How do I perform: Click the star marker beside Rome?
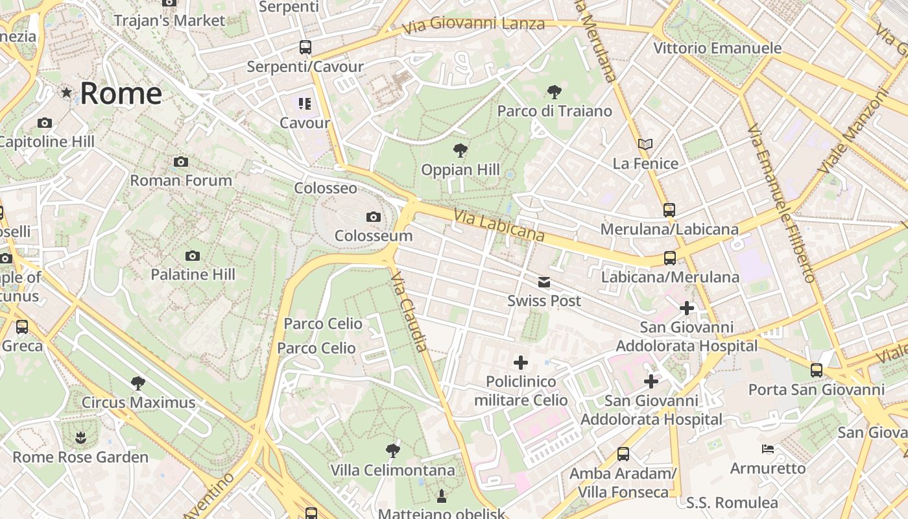(x=66, y=93)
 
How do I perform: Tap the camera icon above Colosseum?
(x=373, y=217)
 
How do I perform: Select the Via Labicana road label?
(x=499, y=225)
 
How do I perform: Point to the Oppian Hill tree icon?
(x=460, y=151)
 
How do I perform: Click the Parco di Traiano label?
(x=555, y=111)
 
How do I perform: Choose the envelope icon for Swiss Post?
(x=544, y=282)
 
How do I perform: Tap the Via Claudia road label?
(x=410, y=311)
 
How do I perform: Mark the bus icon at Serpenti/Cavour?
(x=305, y=47)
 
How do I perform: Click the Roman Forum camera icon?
(x=181, y=162)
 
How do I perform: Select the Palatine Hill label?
(x=193, y=274)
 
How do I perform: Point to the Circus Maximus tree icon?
(x=137, y=383)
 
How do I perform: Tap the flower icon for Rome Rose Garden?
(x=80, y=438)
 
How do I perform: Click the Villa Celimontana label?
(x=392, y=470)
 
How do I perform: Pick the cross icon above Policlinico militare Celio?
(x=520, y=363)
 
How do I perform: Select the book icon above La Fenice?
(x=645, y=144)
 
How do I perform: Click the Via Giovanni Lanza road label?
(x=473, y=25)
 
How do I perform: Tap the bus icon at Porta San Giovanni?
(x=816, y=370)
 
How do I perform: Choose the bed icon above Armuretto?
(x=768, y=449)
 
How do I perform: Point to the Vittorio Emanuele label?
(x=717, y=48)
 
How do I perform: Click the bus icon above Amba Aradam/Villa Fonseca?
(x=623, y=454)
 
